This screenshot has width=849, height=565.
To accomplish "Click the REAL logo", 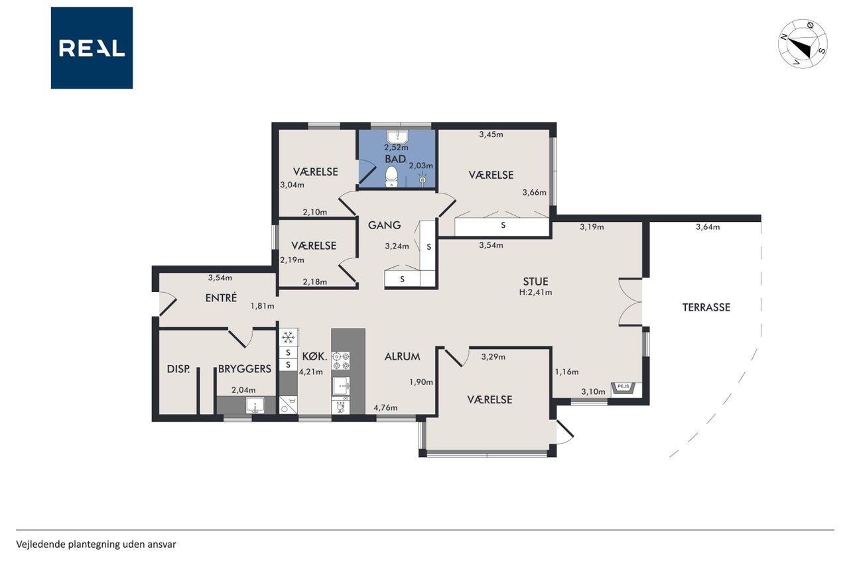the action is pyautogui.click(x=92, y=48).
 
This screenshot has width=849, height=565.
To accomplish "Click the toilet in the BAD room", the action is pyautogui.click(x=391, y=177).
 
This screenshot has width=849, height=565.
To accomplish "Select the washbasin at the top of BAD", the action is pyautogui.click(x=397, y=136).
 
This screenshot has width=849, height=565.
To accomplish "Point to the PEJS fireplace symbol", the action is pyautogui.click(x=623, y=388).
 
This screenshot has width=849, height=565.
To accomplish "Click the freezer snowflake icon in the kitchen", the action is pyautogui.click(x=289, y=336).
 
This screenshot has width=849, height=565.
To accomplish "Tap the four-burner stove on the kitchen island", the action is pyautogui.click(x=341, y=360).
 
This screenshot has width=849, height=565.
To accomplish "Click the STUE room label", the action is pyautogui.click(x=535, y=282).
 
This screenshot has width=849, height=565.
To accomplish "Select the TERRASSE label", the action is pyautogui.click(x=706, y=307).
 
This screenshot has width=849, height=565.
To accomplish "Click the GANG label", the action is pyautogui.click(x=384, y=225).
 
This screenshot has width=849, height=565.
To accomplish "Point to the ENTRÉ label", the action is pyautogui.click(x=221, y=298).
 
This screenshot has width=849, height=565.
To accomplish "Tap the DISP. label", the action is pyautogui.click(x=178, y=369).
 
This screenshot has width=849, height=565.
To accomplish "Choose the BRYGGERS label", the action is pyautogui.click(x=245, y=369).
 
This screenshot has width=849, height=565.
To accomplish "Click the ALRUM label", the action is pyautogui.click(x=402, y=356).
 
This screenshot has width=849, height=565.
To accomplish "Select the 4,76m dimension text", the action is pyautogui.click(x=385, y=407).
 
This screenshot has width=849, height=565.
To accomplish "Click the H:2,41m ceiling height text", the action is pyautogui.click(x=535, y=292).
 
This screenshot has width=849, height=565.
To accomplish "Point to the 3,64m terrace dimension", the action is pyautogui.click(x=708, y=227).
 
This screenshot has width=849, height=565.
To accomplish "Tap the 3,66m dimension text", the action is pyautogui.click(x=535, y=193).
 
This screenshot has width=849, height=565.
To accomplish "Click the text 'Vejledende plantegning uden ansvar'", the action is pyautogui.click(x=96, y=544).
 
